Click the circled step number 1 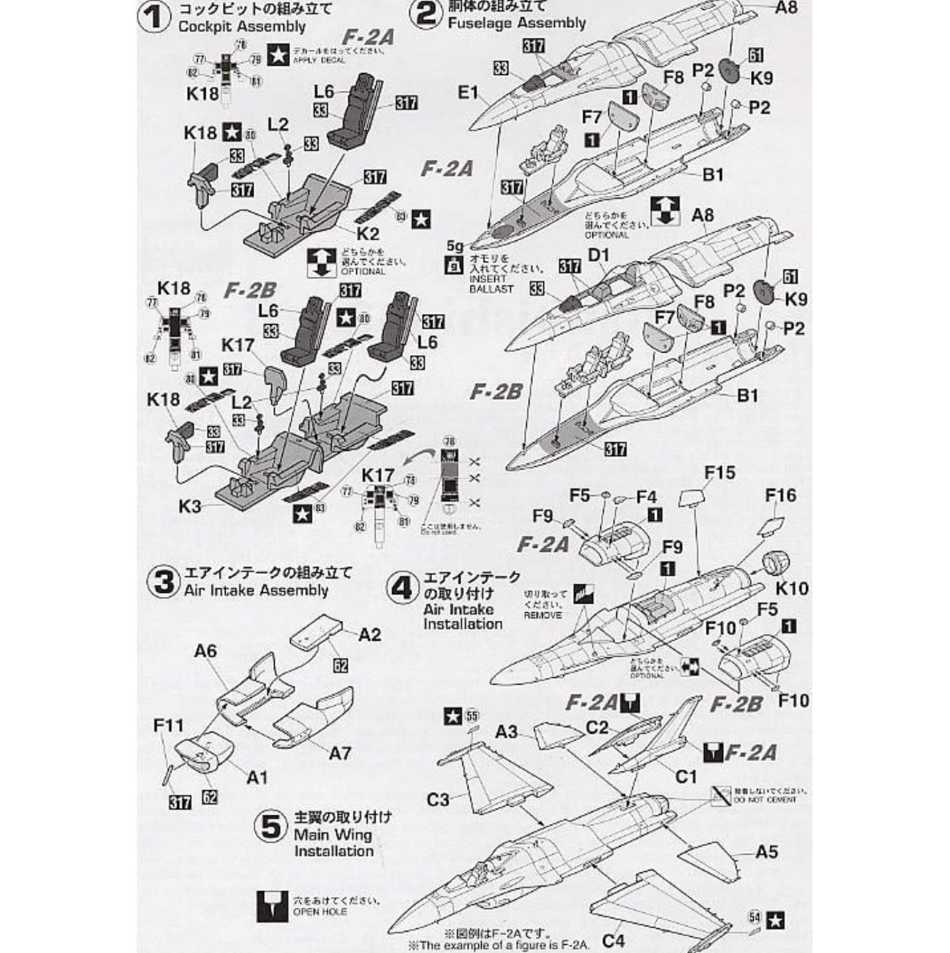click(154, 17)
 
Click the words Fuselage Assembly click(517, 24)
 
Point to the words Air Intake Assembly click(256, 590)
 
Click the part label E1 click(469, 93)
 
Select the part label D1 click(599, 255)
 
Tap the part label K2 click(367, 234)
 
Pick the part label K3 click(190, 506)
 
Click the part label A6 click(205, 651)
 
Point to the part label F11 click(169, 724)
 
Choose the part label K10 click(792, 587)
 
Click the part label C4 click(614, 939)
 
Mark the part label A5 click(766, 851)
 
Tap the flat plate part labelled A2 click(316, 632)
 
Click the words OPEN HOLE click(320, 912)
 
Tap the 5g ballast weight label click(454, 247)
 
